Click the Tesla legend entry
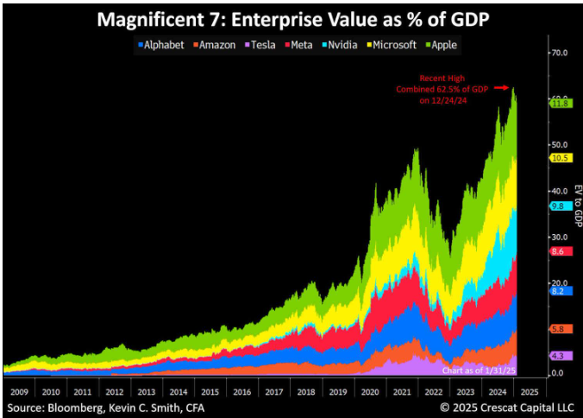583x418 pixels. pos(260,45)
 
